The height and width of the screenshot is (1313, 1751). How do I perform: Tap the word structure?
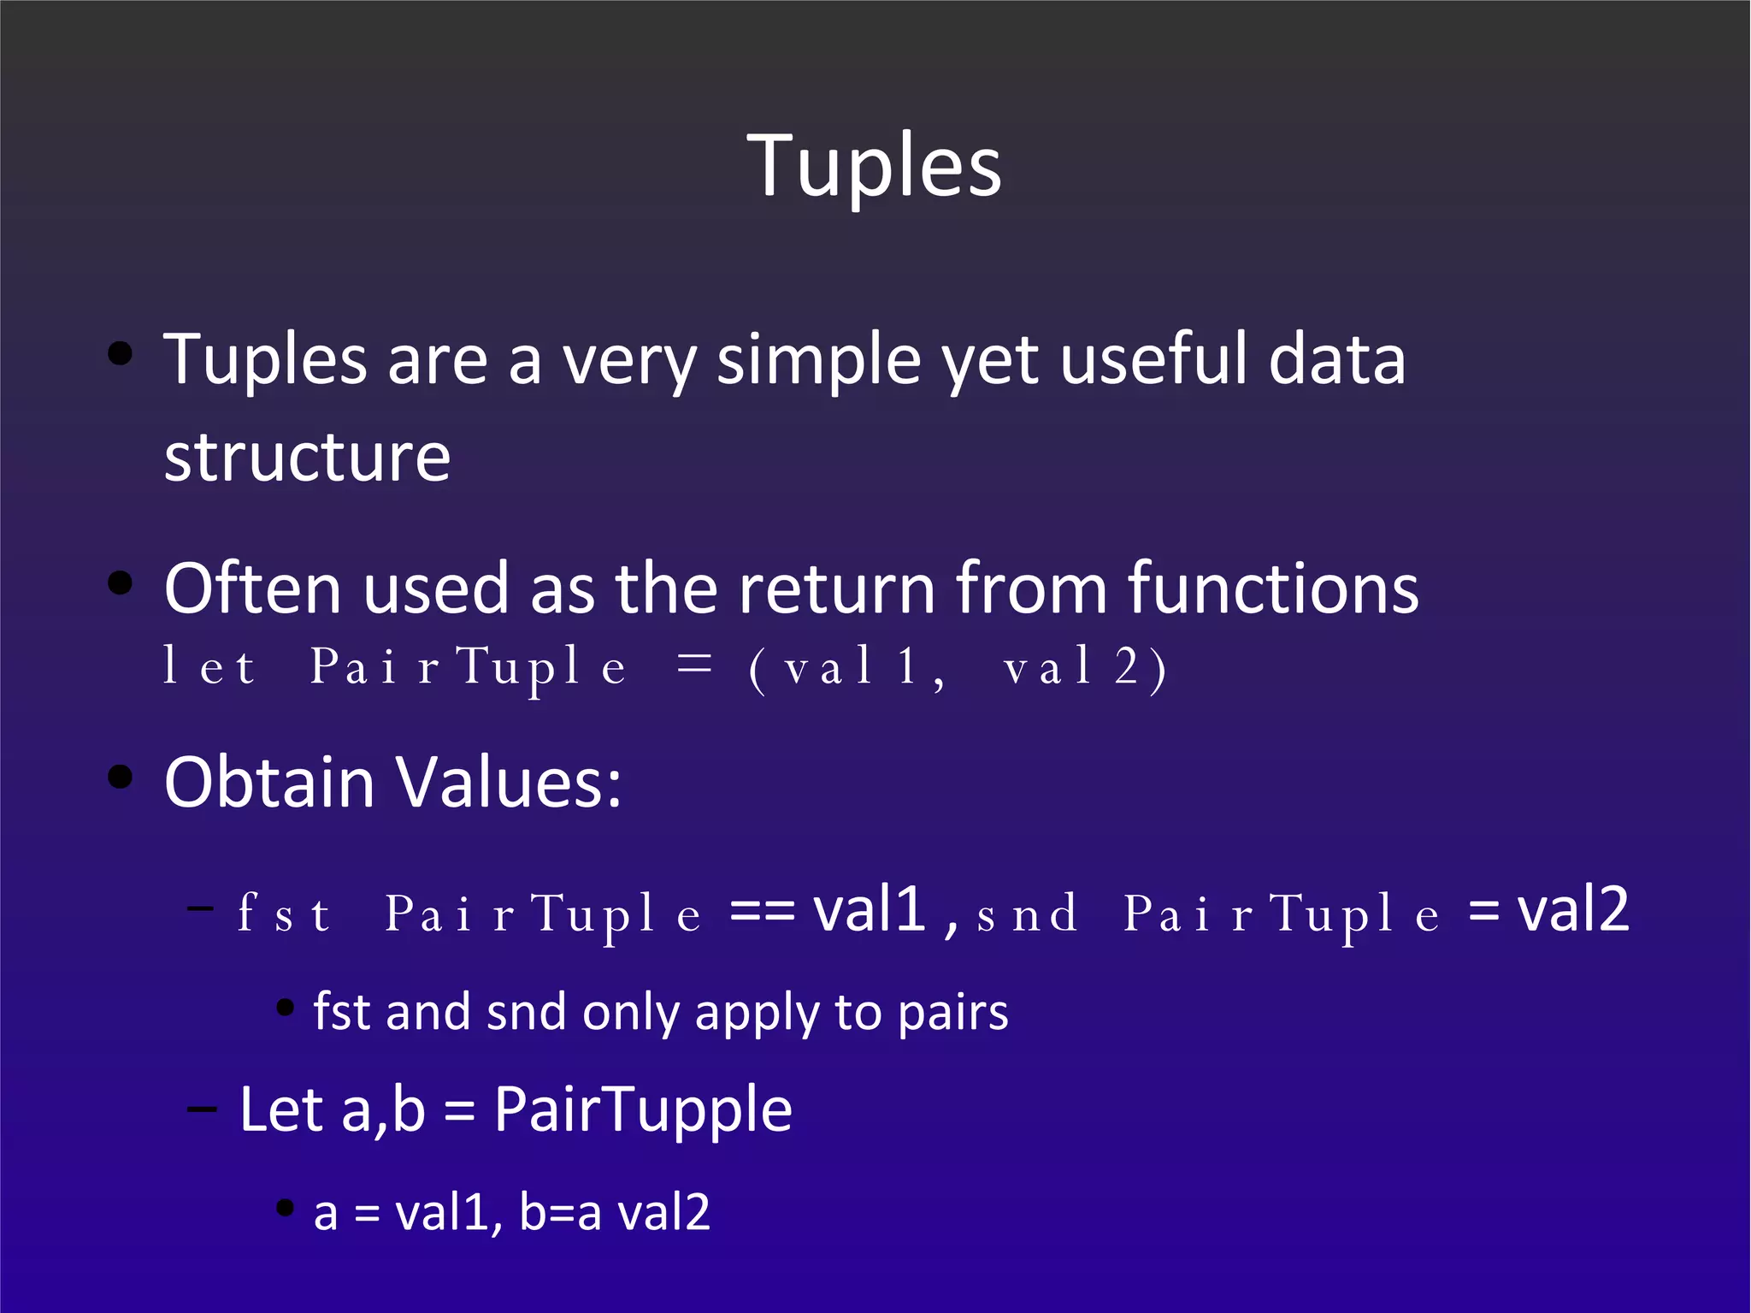click(307, 458)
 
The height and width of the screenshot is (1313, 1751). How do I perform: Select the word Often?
click(253, 588)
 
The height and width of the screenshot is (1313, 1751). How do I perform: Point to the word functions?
click(1273, 588)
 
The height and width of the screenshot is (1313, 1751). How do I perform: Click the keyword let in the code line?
click(209, 666)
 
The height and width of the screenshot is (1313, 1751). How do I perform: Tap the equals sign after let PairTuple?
click(693, 665)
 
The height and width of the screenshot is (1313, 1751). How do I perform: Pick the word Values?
click(510, 783)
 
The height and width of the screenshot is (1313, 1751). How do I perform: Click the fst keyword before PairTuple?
click(284, 913)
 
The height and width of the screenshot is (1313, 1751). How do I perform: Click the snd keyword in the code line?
click(1027, 914)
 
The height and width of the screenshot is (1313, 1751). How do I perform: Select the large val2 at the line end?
click(1572, 909)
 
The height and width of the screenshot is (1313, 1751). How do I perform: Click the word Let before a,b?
click(281, 1109)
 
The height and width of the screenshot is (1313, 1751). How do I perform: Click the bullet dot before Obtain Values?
click(121, 778)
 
